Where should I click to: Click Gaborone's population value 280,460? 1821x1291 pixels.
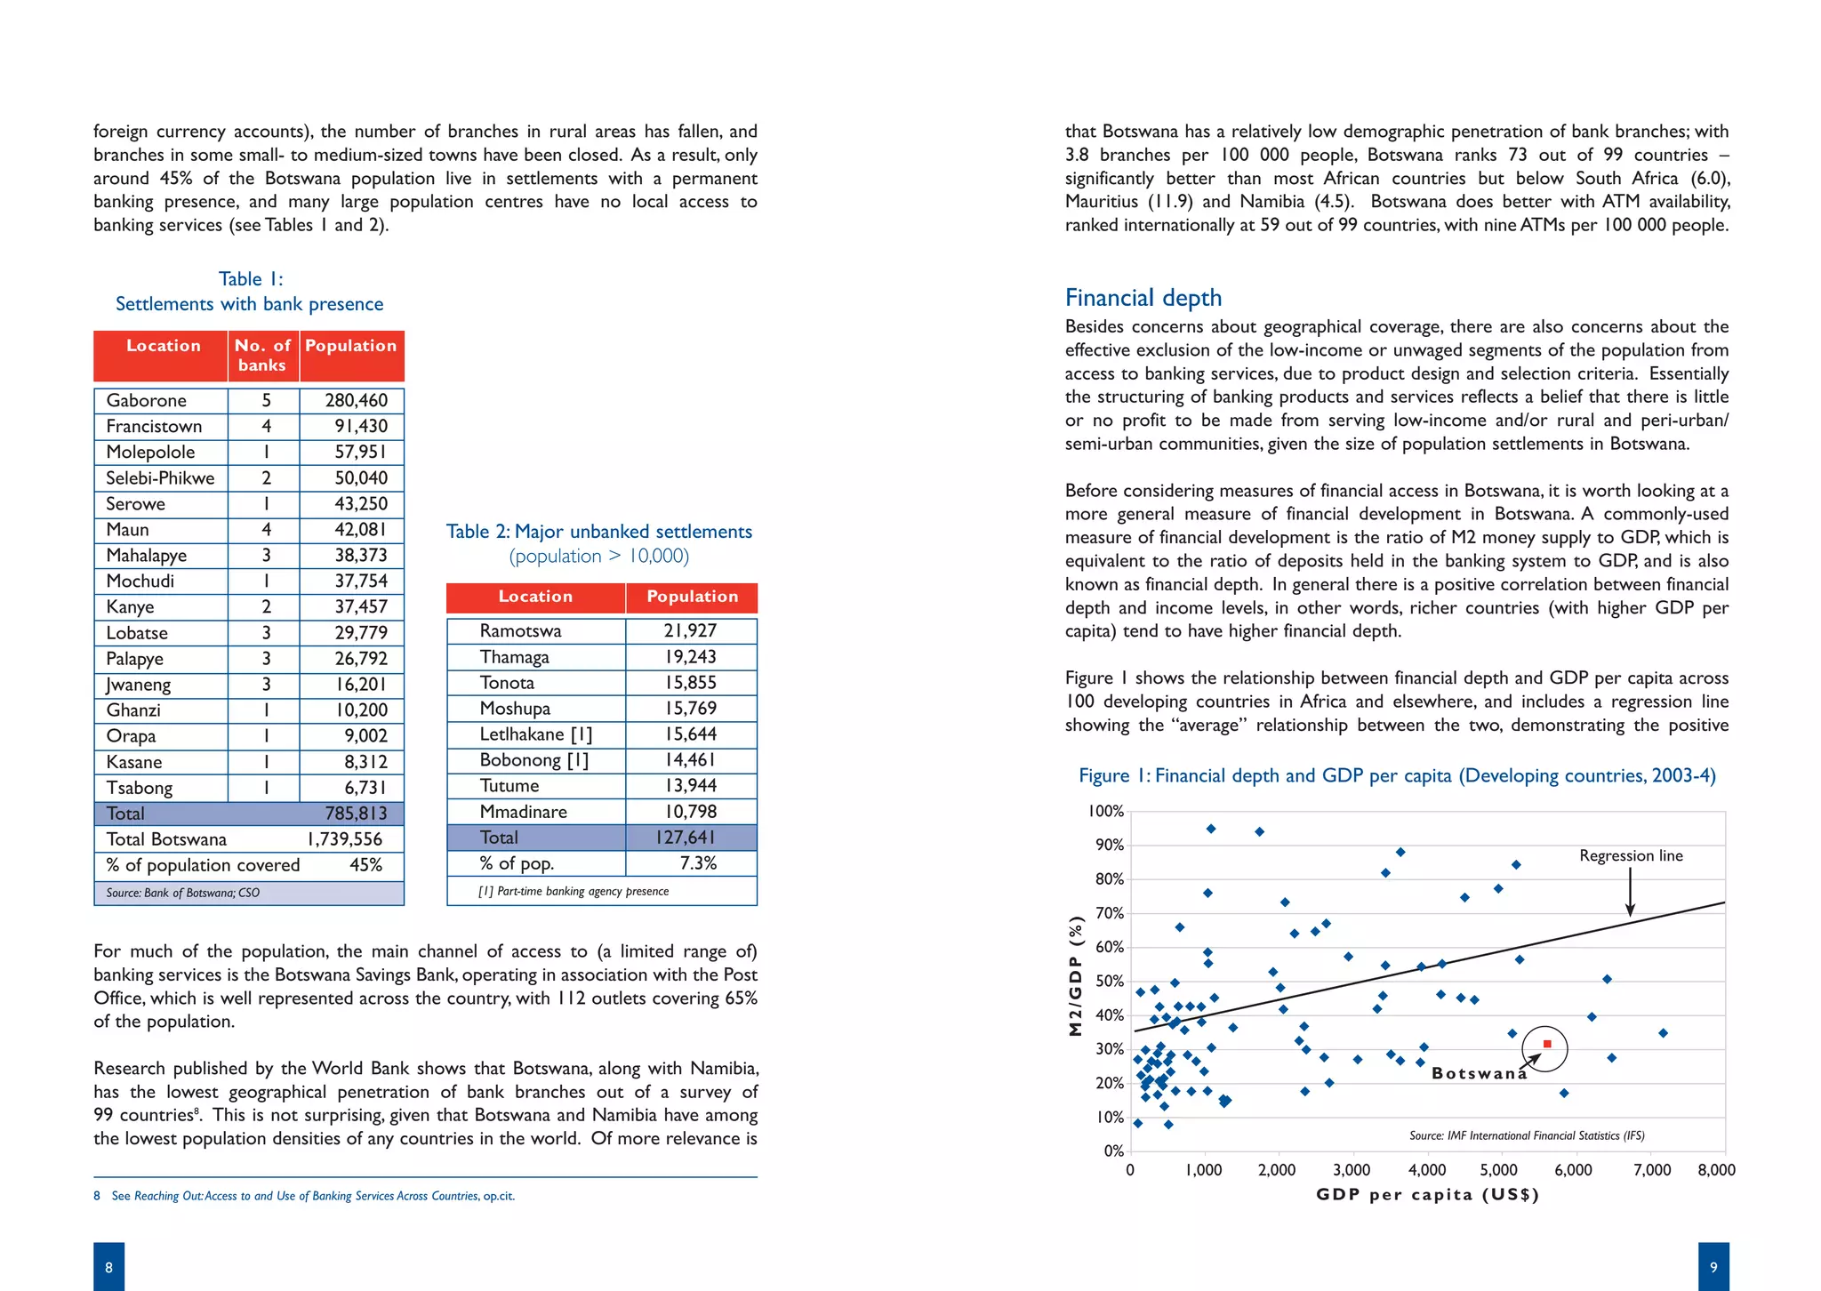pos(356,401)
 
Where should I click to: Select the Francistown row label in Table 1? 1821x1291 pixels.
pos(154,427)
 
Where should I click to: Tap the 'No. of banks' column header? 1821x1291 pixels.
pos(262,355)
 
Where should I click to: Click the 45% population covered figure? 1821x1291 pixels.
pos(365,865)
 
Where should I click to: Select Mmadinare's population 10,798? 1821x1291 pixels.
pos(690,812)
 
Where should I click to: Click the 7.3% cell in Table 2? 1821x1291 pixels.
pos(698,863)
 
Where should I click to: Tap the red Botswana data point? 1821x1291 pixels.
pos(1547,1044)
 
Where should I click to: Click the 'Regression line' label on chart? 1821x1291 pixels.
pos(1631,855)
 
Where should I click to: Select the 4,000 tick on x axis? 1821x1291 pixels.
pos(1427,1170)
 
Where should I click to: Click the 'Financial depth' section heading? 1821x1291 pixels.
pos(1143,298)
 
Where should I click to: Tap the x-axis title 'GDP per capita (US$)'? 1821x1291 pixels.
pos(1427,1194)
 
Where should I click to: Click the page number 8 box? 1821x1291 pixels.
pos(108,1267)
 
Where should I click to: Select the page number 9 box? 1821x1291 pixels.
pos(1713,1267)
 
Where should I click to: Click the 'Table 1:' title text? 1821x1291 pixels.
pos(251,279)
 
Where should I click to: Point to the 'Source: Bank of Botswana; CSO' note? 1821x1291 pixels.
pos(182,893)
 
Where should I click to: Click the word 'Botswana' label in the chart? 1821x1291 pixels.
pos(1479,1073)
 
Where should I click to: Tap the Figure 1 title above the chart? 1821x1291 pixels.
pos(1397,775)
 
